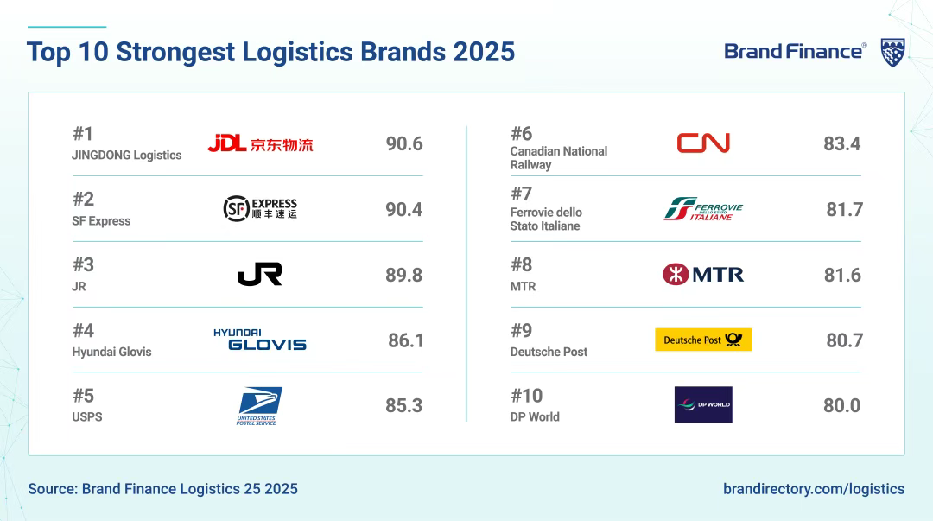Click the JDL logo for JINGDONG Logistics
(260, 143)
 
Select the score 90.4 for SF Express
(404, 210)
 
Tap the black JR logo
(260, 275)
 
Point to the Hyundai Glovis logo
(260, 340)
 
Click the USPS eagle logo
(259, 405)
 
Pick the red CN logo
(703, 143)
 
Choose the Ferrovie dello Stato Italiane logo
(703, 209)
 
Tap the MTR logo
(703, 275)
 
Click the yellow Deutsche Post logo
(703, 340)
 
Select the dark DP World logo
(703, 405)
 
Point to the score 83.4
(842, 143)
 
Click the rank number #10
(527, 396)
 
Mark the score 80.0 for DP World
(842, 405)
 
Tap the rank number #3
(83, 264)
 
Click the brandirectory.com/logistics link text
(814, 489)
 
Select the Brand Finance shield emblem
(893, 53)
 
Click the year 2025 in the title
(484, 52)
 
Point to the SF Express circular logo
(236, 208)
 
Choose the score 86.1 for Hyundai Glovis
(406, 340)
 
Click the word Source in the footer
(53, 489)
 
